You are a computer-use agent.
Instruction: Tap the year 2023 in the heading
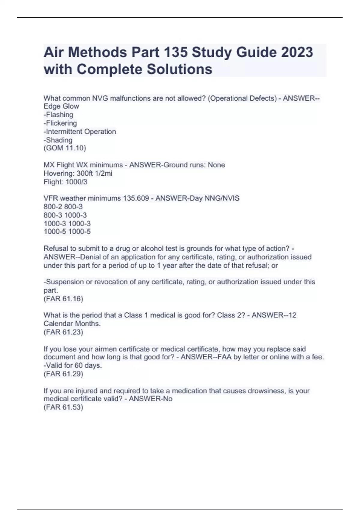[297, 52]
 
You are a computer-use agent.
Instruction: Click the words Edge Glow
[61, 106]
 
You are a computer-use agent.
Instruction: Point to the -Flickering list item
[60, 123]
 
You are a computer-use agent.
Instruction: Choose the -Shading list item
[58, 140]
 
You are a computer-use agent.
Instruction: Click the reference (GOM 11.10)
[65, 148]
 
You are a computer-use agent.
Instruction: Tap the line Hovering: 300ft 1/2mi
[78, 173]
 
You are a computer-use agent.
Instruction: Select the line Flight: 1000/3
[65, 182]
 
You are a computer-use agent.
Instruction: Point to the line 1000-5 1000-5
[67, 232]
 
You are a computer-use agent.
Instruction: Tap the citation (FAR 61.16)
[63, 299]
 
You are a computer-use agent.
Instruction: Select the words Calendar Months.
[72, 324]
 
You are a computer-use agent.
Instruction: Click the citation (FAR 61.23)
[63, 332]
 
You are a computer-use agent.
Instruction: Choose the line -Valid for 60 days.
[73, 365]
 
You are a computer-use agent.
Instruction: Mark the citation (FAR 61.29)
[63, 374]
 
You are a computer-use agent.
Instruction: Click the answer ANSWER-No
[151, 399]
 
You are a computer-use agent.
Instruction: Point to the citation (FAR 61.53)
[63, 407]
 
